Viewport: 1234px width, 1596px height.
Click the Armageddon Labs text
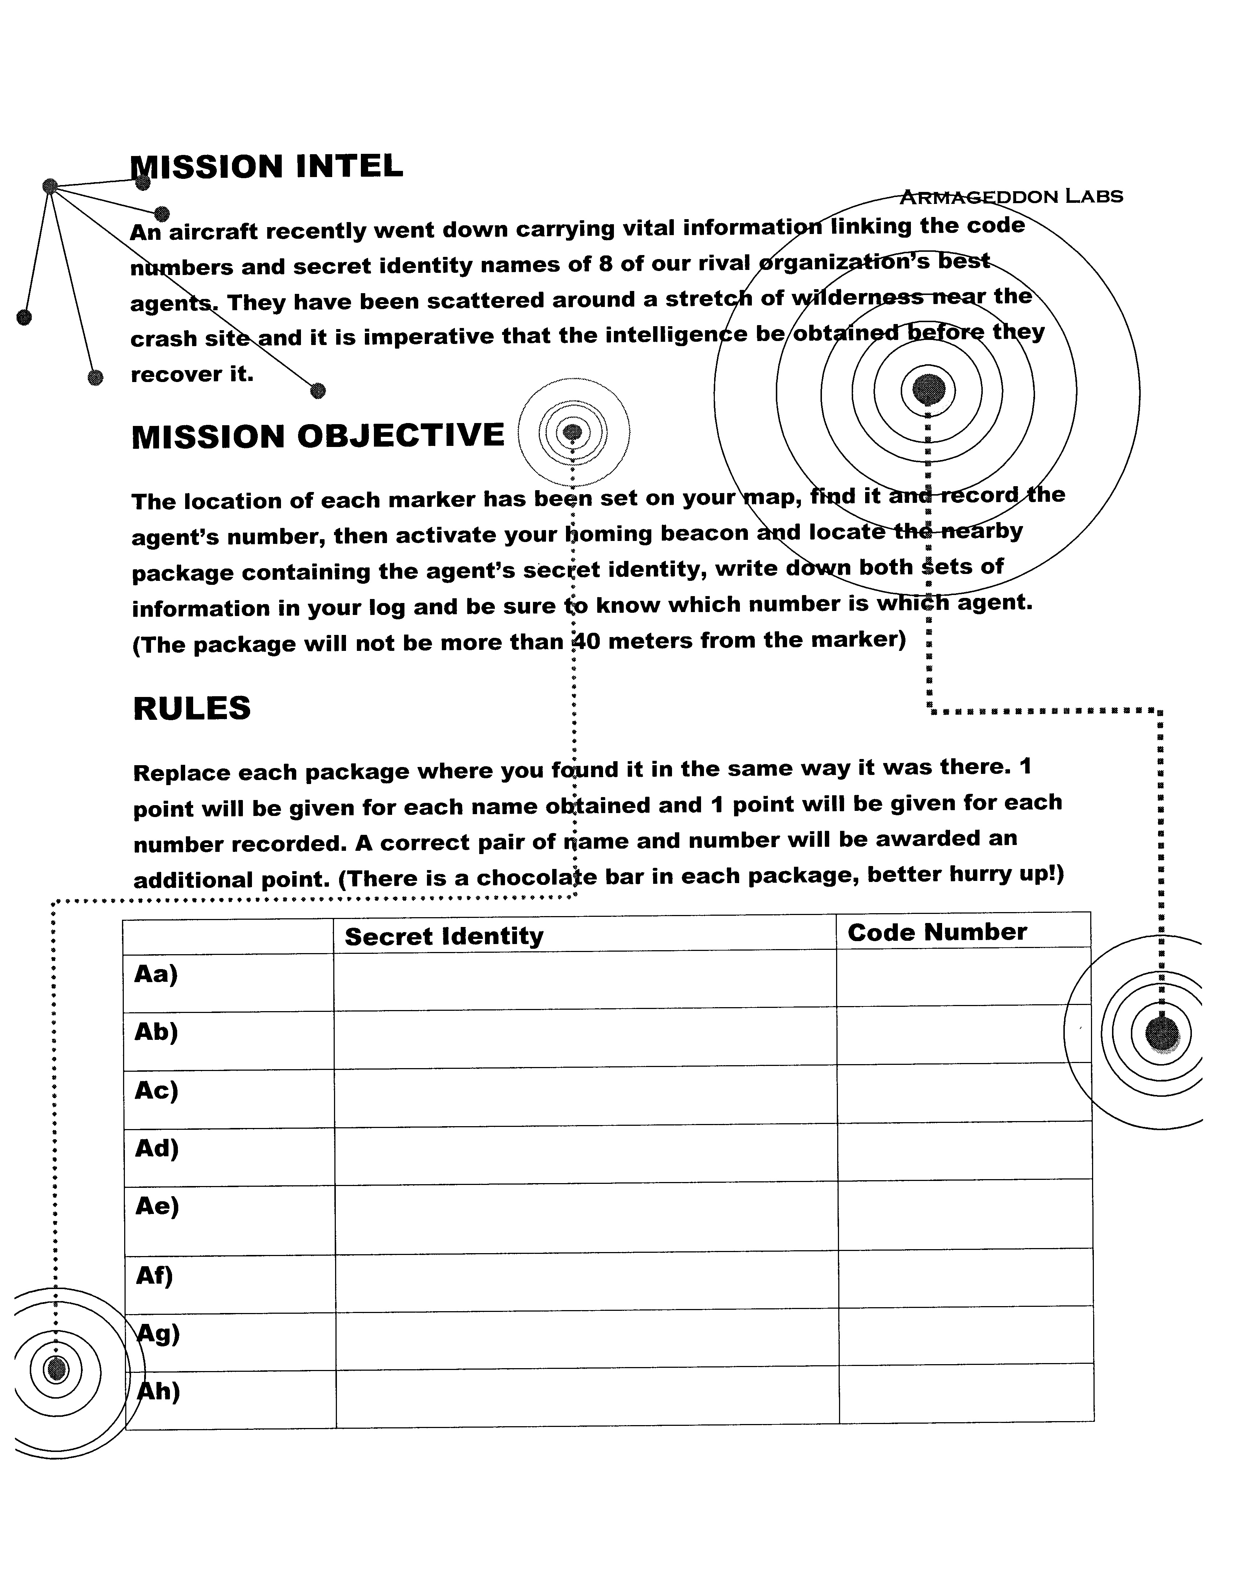pyautogui.click(x=1011, y=197)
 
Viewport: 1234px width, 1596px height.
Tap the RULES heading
pyautogui.click(x=192, y=708)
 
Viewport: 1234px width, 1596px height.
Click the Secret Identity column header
pyautogui.click(x=444, y=936)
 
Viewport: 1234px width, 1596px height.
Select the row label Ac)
pyautogui.click(x=156, y=1090)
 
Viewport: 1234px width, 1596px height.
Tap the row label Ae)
pyautogui.click(x=157, y=1206)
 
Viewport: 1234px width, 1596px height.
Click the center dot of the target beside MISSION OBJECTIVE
pyautogui.click(x=573, y=432)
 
